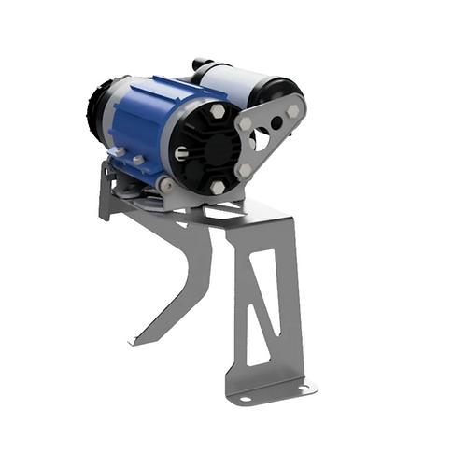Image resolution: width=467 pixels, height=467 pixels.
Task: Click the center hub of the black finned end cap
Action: point(210,149)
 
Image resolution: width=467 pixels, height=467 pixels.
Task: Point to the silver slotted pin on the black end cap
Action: point(178,153)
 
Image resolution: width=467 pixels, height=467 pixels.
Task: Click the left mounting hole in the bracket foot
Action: point(245,400)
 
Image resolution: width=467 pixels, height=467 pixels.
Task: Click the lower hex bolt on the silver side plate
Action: point(245,171)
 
